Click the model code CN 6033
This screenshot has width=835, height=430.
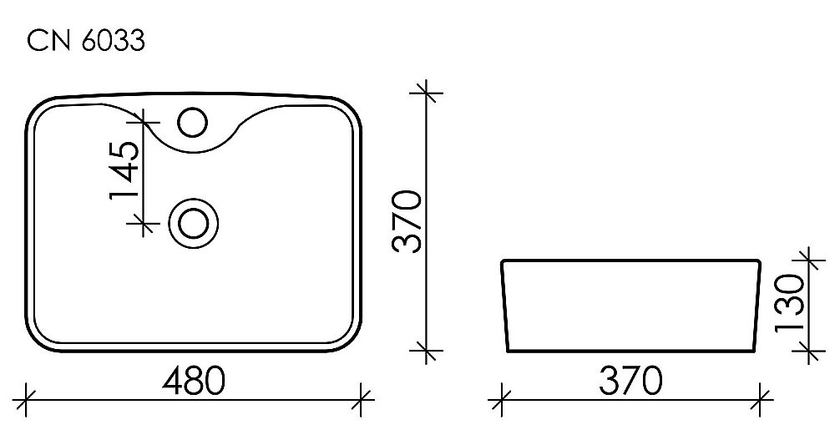(x=86, y=42)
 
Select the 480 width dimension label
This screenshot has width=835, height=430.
(x=194, y=382)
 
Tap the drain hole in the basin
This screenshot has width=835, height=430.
(x=194, y=224)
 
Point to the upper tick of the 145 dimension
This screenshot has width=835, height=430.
(x=144, y=124)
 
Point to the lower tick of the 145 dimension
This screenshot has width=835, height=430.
(x=144, y=223)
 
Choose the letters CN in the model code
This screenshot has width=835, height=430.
(x=48, y=42)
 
